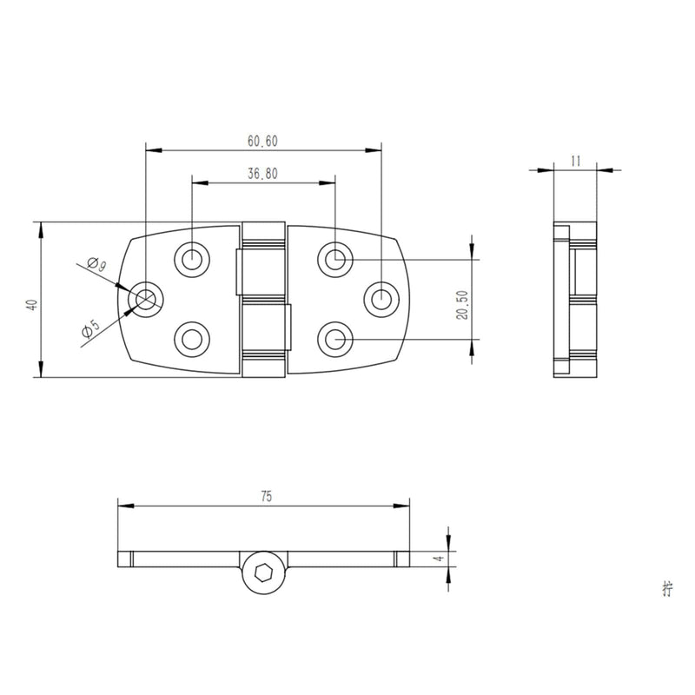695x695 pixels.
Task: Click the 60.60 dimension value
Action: pos(262,141)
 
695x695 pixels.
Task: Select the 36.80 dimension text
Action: pos(262,174)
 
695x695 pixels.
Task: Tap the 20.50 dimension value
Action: pos(463,305)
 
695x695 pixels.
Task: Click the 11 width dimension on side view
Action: pos(576,160)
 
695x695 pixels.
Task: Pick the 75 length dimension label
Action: pos(265,496)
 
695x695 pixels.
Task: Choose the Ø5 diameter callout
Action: pos(89,329)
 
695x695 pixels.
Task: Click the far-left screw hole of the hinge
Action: pos(145,298)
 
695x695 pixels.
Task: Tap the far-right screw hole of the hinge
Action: pos(381,298)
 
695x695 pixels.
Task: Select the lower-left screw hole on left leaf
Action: pos(192,338)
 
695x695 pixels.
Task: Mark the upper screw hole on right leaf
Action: pos(334,257)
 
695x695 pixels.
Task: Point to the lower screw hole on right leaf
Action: pos(334,338)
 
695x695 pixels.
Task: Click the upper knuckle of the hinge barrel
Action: pos(264,258)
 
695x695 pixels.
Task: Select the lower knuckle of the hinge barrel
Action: pos(264,339)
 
